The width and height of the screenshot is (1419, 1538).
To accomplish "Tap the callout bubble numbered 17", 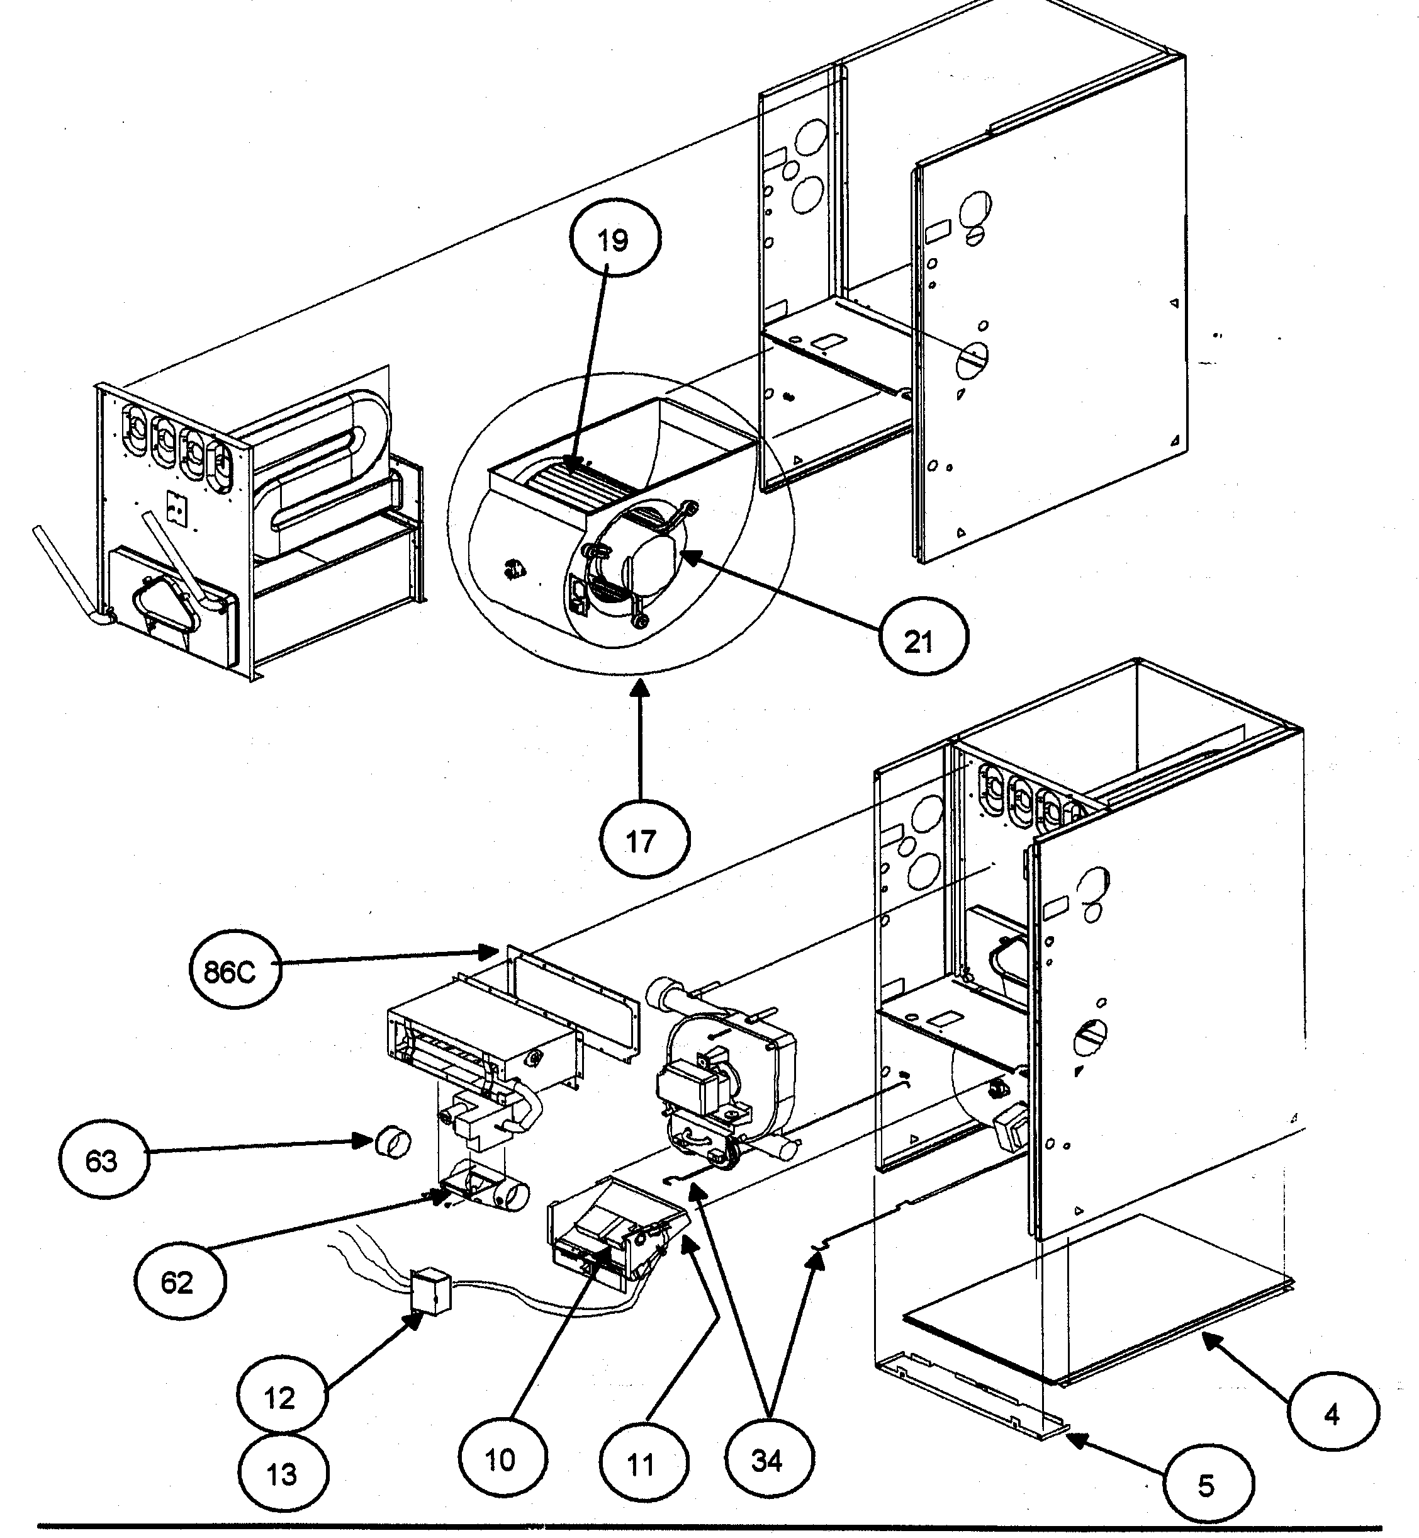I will (x=644, y=841).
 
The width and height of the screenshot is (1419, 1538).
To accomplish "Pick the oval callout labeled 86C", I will (x=235, y=972).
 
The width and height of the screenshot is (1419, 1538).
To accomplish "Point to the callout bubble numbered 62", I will (x=180, y=1282).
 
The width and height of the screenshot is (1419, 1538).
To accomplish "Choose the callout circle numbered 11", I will (x=644, y=1465).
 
